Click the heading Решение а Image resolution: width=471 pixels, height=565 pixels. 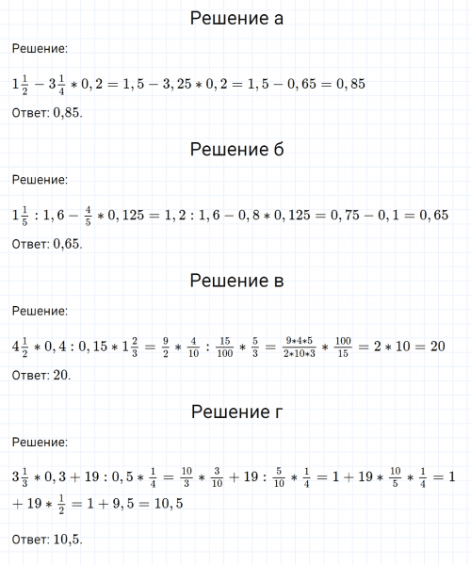click(x=235, y=19)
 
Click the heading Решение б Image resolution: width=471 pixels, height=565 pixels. click(x=235, y=150)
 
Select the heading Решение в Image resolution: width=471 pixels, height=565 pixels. click(x=235, y=281)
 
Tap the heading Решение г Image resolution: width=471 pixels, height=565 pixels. click(x=235, y=412)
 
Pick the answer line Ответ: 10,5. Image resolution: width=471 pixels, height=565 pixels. click(x=47, y=540)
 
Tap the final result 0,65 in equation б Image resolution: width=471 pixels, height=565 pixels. click(x=432, y=216)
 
